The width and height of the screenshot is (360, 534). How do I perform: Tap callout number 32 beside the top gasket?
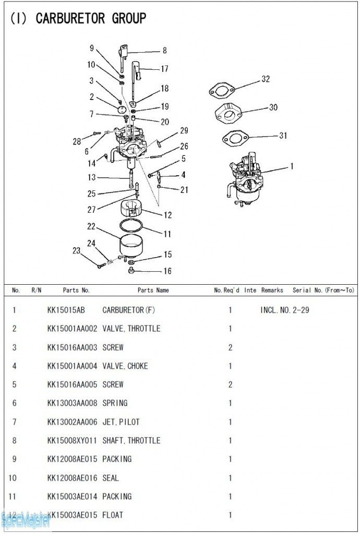[x=266, y=79]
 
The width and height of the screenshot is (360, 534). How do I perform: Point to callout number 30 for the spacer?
[x=273, y=107]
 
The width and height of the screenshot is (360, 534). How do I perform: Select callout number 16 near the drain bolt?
[x=167, y=271]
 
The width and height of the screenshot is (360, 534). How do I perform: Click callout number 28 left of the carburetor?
[x=77, y=141]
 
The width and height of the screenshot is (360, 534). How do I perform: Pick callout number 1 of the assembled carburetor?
[x=292, y=166]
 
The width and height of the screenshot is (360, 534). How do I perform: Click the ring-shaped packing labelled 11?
[x=131, y=226]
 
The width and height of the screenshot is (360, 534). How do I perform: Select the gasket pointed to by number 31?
[x=234, y=139]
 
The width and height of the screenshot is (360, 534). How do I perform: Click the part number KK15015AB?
[x=66, y=310]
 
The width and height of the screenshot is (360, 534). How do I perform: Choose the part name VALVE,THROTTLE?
[x=131, y=329]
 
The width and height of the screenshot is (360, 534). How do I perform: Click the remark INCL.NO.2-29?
[x=284, y=310]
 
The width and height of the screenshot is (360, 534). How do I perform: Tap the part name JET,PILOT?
[x=121, y=422]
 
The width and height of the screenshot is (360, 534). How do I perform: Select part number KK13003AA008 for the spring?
[x=72, y=403]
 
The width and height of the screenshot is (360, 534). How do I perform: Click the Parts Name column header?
[x=153, y=290]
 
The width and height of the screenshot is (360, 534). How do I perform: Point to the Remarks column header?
[x=272, y=290]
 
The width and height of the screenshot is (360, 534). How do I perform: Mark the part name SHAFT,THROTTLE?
[x=131, y=441]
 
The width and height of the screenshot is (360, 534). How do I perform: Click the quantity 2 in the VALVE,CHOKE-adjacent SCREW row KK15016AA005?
[x=230, y=385]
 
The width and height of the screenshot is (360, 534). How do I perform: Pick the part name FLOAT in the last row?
[x=113, y=515]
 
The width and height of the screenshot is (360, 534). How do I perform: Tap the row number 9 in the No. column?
[x=14, y=459]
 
